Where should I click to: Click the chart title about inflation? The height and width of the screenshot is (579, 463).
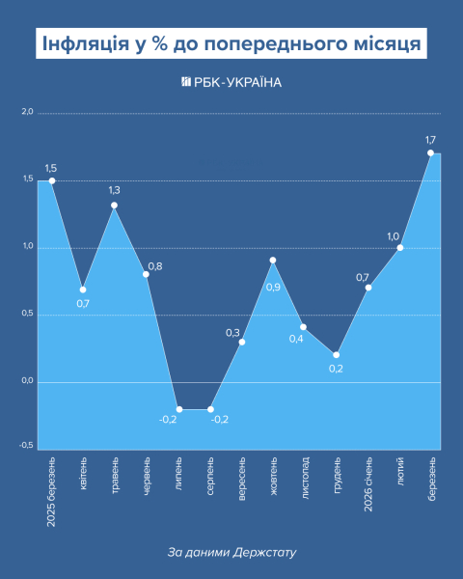(x=231, y=44)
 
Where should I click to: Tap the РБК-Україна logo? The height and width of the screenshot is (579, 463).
(x=231, y=83)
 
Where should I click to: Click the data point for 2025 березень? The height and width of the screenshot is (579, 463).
(x=52, y=180)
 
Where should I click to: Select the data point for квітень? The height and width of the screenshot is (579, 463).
(x=83, y=289)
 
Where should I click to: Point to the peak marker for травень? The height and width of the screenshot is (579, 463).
(x=115, y=205)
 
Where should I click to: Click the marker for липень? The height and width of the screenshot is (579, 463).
(x=178, y=409)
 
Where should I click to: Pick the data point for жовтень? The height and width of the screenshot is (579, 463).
(x=273, y=260)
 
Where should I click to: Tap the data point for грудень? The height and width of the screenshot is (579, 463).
(x=337, y=354)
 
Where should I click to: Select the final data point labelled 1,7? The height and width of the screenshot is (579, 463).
(x=430, y=152)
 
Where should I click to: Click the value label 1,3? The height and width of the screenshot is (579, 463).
(x=115, y=190)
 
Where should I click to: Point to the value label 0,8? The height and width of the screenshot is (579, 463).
(x=155, y=266)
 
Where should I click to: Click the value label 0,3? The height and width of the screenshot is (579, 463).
(x=232, y=333)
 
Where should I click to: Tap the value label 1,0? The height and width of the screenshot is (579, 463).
(x=393, y=235)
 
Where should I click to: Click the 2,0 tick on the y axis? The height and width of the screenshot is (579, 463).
(x=27, y=113)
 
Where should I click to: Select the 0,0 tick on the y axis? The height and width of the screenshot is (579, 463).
(x=27, y=381)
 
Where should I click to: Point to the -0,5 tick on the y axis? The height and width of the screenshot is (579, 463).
(x=26, y=448)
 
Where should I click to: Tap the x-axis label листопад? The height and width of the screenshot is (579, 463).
(x=305, y=478)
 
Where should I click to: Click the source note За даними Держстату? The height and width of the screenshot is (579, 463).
(x=231, y=553)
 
